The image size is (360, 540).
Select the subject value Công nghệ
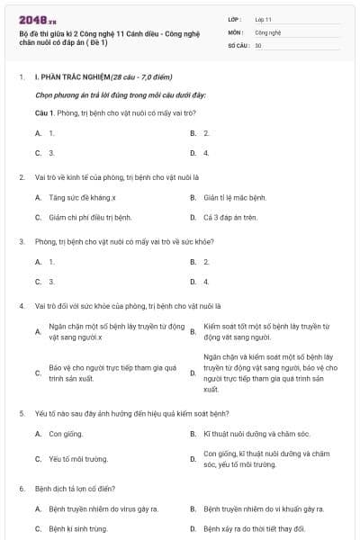(x=268, y=31)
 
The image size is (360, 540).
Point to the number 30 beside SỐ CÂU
(x=258, y=45)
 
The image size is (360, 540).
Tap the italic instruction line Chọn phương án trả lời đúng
(x=121, y=94)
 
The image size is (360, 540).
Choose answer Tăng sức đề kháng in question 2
(x=82, y=197)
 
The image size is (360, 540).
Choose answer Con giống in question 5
(x=66, y=433)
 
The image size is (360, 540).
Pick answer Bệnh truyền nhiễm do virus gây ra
(x=103, y=508)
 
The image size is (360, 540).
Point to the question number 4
(x=21, y=305)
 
